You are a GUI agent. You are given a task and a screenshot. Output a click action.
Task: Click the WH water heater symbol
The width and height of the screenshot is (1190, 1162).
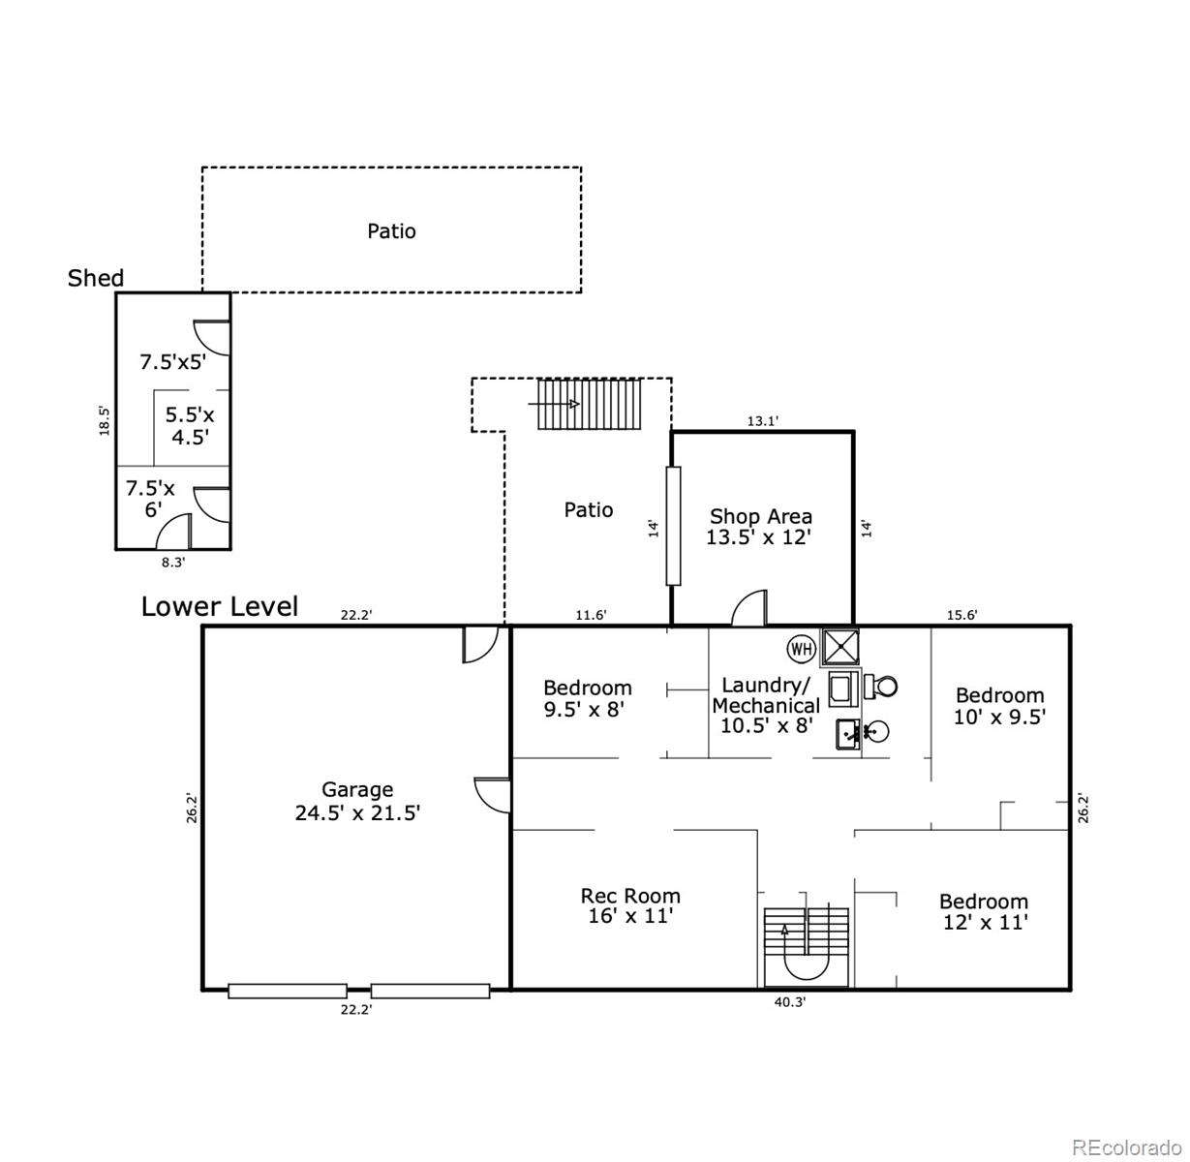point(802,649)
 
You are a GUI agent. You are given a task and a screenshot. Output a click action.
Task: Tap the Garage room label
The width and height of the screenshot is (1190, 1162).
point(357,802)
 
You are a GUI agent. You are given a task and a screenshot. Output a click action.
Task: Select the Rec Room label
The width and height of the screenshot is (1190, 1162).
point(630,905)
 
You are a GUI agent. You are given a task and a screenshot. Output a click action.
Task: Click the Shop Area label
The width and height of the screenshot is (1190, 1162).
point(760,527)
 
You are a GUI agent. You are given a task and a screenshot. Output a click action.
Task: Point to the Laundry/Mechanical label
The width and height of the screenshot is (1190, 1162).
point(766,705)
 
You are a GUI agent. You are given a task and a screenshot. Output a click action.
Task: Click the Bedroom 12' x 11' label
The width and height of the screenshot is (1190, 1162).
point(984,912)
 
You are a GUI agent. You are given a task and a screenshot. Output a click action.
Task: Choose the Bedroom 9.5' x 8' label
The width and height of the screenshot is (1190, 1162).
point(587,698)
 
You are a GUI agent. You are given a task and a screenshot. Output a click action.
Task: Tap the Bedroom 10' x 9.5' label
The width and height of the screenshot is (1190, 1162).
point(999,706)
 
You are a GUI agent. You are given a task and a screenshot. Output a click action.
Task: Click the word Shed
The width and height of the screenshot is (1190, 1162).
point(96,279)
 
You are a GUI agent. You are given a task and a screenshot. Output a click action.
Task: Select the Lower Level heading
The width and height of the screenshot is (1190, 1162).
point(220,607)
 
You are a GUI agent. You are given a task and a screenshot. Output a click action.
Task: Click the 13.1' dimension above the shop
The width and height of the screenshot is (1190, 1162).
point(763,421)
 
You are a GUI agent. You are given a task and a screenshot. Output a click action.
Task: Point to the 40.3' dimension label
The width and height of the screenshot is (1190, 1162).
point(789,1003)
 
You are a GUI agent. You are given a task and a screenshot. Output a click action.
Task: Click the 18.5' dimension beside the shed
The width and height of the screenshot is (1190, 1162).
point(105,420)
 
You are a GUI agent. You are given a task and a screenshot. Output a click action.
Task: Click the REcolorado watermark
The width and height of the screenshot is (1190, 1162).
point(1127,1147)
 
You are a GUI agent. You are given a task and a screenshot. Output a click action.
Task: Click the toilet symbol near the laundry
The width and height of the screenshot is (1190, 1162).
point(881,687)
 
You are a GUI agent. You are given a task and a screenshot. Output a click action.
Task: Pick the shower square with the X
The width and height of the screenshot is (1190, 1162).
point(839,646)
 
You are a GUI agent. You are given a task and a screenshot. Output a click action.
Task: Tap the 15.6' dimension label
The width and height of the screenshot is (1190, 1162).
point(961,615)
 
